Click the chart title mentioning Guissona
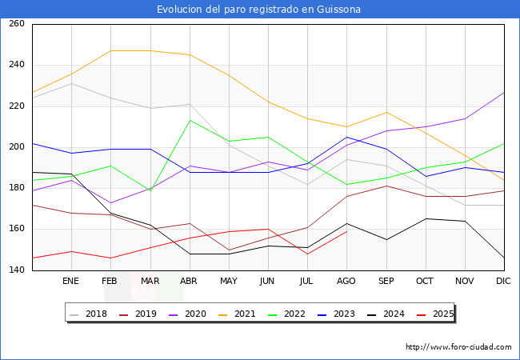pyautogui.click(x=259, y=10)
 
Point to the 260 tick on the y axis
pyautogui.click(x=17, y=24)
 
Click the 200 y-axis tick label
pyautogui.click(x=17, y=147)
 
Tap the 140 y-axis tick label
pyautogui.click(x=17, y=270)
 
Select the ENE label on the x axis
pyautogui.click(x=70, y=282)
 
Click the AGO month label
pyautogui.click(x=346, y=282)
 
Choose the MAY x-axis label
pyautogui.click(x=228, y=282)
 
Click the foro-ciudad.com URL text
pyautogui.click(x=458, y=347)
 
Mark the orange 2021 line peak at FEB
pyautogui.click(x=110, y=51)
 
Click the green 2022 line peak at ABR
pyautogui.click(x=189, y=121)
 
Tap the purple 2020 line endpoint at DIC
pyautogui.click(x=504, y=92)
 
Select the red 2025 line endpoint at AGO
pyautogui.click(x=346, y=231)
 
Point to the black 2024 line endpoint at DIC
pyautogui.click(x=504, y=258)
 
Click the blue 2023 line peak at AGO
pyautogui.click(x=346, y=137)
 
